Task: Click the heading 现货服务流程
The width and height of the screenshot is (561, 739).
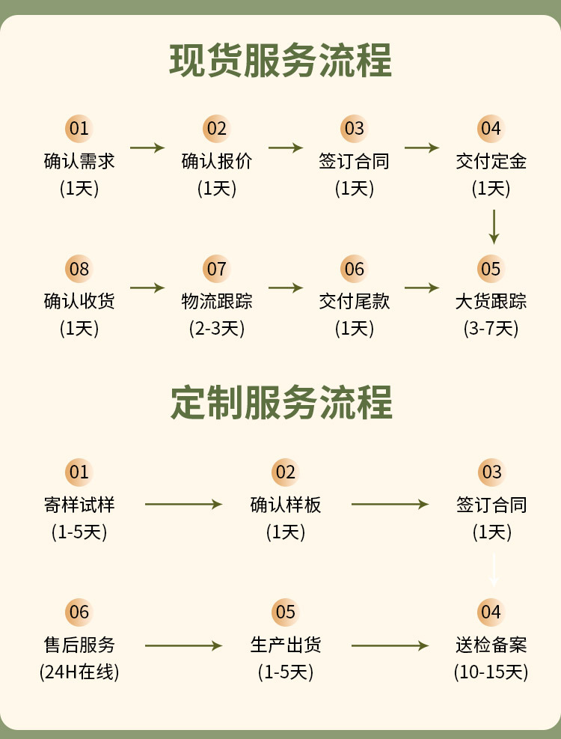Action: coord(280,62)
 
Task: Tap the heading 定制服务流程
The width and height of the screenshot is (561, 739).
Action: coord(280,404)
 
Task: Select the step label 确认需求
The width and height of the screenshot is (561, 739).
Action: coord(79,161)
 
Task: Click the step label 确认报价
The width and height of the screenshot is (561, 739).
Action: coord(217,161)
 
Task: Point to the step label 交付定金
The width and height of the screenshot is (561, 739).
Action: coord(491,161)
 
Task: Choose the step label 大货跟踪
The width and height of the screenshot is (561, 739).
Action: coord(491,301)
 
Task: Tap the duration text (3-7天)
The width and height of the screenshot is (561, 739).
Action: coord(491,328)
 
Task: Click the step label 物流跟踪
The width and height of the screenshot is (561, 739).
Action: coord(217,301)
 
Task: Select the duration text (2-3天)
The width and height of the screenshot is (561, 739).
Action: coord(217,328)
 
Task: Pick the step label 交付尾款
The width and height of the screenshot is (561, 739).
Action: coord(355,301)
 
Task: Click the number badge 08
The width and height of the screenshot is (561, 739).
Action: coord(79,269)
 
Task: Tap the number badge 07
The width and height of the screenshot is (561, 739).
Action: coord(216,269)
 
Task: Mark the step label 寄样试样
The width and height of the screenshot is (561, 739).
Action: coord(79,505)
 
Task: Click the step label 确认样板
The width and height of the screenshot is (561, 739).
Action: coord(286,505)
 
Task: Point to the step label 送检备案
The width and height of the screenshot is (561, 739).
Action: coord(491,645)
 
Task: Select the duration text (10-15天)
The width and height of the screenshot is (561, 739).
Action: coord(491,672)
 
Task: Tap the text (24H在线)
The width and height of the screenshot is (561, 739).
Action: coord(79,672)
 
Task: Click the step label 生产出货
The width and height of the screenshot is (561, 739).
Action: coord(286,645)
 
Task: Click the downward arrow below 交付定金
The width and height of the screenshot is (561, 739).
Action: coord(494,226)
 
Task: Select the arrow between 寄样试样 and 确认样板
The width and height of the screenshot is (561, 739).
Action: coord(183,504)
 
